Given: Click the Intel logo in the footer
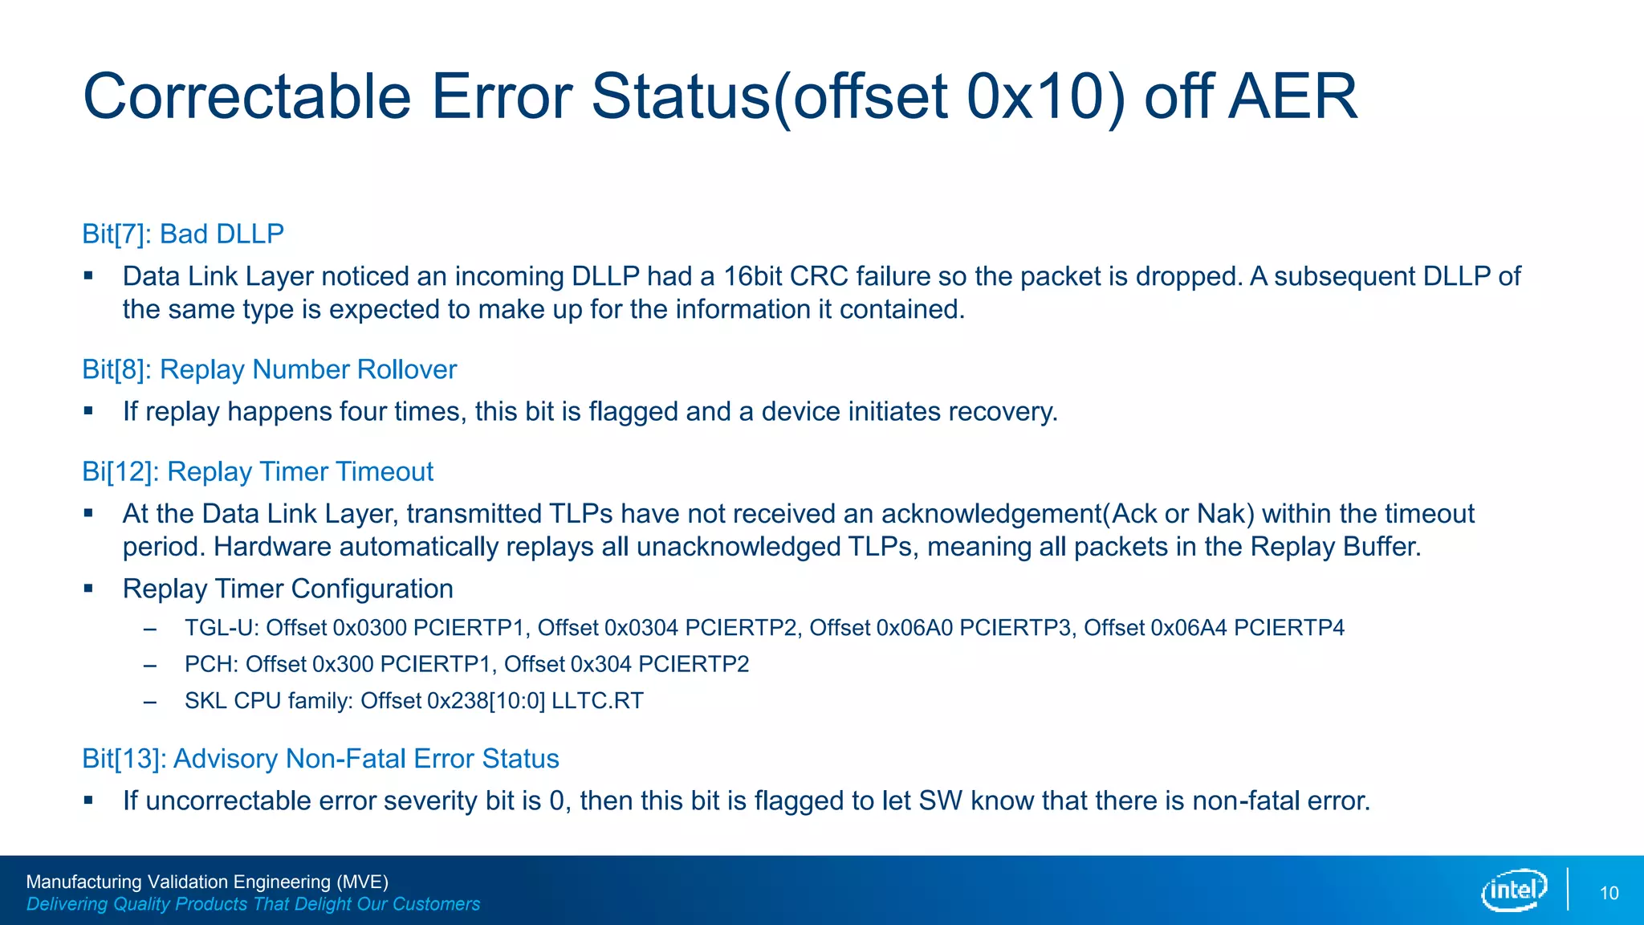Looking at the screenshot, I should tap(1514, 890).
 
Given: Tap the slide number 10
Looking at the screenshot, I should tap(1609, 893).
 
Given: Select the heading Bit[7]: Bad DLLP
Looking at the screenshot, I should tap(183, 234).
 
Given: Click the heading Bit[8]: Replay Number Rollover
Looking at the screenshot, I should tap(269, 369).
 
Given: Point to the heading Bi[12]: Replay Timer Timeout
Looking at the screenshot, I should tap(257, 471).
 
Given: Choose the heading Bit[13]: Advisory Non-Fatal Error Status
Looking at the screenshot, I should tap(320, 759).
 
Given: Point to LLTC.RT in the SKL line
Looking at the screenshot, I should tap(596, 701).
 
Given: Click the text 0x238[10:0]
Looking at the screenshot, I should tap(486, 701).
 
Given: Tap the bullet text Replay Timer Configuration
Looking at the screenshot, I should tap(287, 589).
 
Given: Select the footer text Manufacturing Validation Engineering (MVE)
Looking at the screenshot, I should tap(207, 882).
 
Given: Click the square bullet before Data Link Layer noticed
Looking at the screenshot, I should tap(88, 276).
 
